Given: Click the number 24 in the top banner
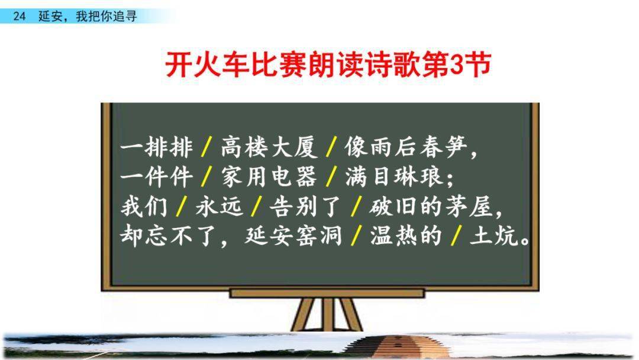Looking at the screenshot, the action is tap(19, 17).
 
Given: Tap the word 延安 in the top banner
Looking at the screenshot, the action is tap(50, 17).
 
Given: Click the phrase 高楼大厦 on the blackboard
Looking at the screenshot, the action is tap(269, 147).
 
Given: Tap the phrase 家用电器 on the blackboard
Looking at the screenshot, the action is tap(269, 177).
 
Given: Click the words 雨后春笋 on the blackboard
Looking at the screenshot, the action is tap(418, 147).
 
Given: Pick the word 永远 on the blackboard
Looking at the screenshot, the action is tap(220, 206).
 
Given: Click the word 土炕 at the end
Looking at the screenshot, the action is tap(493, 236).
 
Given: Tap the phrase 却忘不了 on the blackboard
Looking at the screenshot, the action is tap(167, 236).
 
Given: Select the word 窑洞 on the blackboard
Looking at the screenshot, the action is tap(318, 236).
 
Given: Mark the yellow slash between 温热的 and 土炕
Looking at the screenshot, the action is tap(456, 236).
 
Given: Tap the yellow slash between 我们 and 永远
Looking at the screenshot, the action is tap(182, 206).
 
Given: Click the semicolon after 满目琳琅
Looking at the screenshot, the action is tap(450, 179).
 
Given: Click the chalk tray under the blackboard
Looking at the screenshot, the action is tap(327, 293).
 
